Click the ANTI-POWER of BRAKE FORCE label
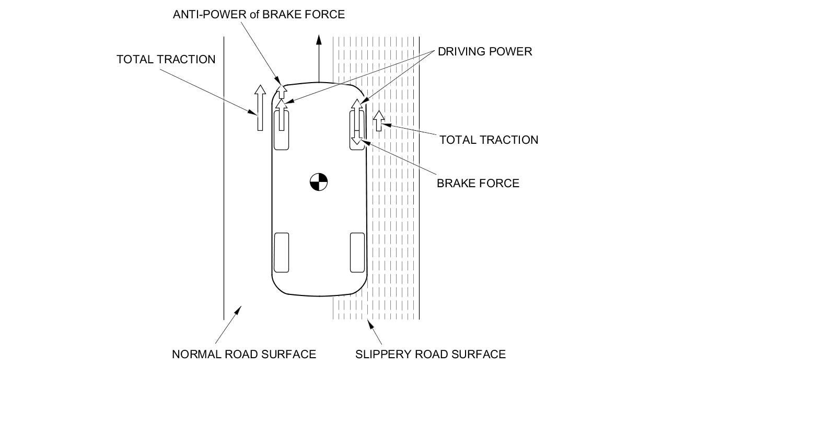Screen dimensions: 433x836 click(x=259, y=14)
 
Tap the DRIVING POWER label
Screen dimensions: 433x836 click(x=484, y=51)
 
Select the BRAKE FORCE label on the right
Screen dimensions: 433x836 click(x=478, y=183)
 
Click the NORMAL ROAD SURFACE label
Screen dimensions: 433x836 click(x=243, y=354)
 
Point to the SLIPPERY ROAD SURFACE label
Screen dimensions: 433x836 click(x=430, y=354)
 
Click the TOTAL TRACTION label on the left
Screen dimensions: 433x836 click(x=166, y=59)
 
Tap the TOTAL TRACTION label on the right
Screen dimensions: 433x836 click(x=488, y=140)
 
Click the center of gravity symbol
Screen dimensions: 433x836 click(x=319, y=182)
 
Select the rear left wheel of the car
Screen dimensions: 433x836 click(x=281, y=253)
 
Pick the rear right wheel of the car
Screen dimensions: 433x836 click(x=357, y=253)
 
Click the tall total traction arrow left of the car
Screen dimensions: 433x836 click(x=260, y=107)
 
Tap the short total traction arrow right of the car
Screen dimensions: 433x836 click(x=379, y=120)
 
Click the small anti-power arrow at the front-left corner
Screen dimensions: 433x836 click(x=282, y=91)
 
